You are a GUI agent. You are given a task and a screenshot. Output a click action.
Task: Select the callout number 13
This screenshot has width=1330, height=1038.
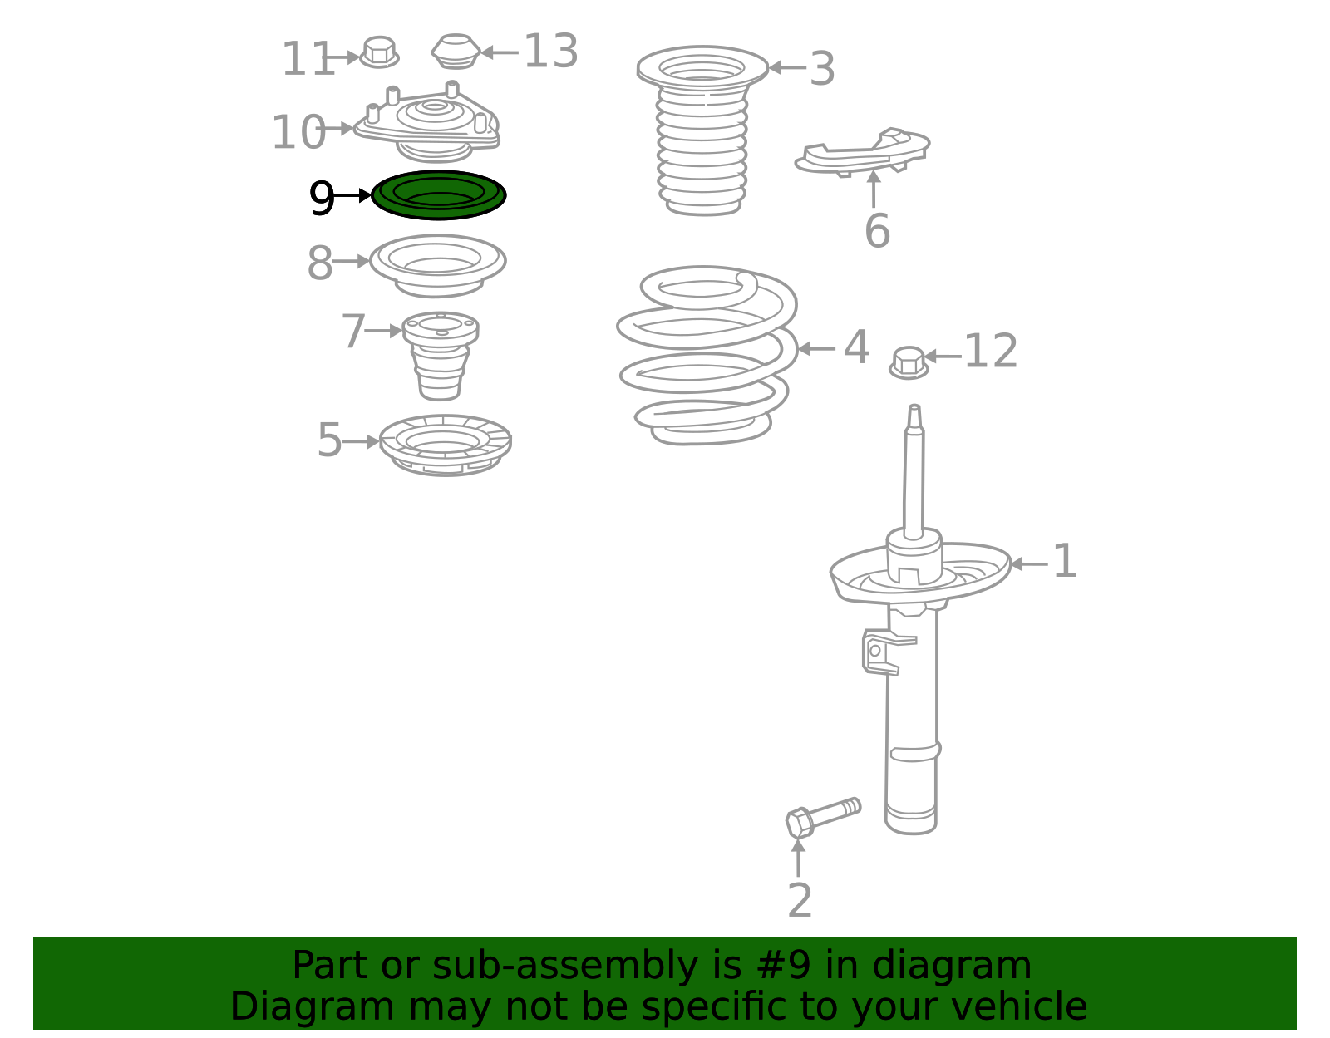[551, 52]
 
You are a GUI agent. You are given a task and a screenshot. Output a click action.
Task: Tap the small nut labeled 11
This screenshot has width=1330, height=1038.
[379, 52]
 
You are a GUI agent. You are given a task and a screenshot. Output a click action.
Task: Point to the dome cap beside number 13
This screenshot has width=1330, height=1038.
[456, 51]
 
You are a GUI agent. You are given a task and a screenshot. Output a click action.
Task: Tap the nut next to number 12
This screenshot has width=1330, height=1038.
[909, 362]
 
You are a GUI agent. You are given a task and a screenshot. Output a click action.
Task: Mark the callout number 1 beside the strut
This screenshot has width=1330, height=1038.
[1064, 560]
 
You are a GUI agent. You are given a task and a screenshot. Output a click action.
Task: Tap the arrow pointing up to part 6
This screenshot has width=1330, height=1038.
[874, 189]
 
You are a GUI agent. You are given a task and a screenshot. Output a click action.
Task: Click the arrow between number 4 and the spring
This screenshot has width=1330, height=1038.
[817, 349]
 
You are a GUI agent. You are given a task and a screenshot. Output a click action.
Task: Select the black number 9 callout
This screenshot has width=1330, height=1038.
[322, 198]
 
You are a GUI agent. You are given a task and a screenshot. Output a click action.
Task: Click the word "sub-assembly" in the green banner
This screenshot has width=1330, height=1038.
[565, 965]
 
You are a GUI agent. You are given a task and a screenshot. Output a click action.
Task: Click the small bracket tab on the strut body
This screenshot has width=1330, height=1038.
[881, 652]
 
